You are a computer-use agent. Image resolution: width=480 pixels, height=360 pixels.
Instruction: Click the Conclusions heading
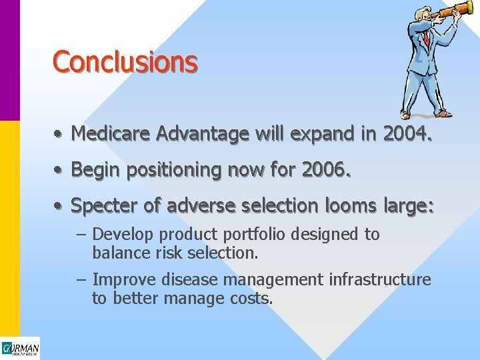pos(125,62)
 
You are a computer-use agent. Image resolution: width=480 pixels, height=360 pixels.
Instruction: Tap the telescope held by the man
pos(453,10)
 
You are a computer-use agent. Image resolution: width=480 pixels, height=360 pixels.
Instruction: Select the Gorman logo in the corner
pos(20,349)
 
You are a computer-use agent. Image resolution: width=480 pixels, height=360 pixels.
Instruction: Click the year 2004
pos(407,134)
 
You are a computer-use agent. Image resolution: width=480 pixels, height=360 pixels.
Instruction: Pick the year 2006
pos(325,170)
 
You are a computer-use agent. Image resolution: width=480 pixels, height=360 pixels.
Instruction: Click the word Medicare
pos(111,134)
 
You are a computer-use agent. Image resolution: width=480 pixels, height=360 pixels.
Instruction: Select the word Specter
pos(105,206)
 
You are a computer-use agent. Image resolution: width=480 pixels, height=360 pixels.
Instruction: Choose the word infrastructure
pos(383,279)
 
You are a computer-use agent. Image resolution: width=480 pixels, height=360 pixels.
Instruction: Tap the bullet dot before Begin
pos(59,171)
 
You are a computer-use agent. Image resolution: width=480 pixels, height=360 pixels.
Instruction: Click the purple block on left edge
pos(9,60)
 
